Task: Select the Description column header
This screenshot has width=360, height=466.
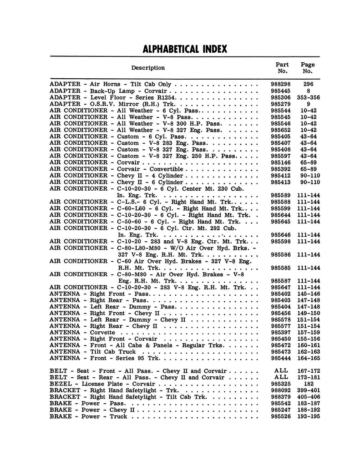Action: tap(148, 68)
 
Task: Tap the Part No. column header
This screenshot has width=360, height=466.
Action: tap(282, 68)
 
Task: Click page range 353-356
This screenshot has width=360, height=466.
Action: tap(308, 97)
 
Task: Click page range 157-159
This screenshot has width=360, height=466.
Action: tap(308, 333)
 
